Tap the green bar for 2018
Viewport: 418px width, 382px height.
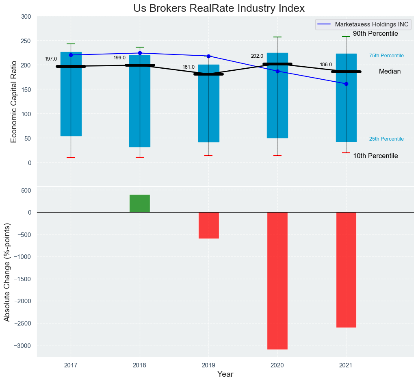click(x=140, y=203)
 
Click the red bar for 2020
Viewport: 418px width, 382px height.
click(x=277, y=280)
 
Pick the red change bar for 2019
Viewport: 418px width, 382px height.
click(x=209, y=225)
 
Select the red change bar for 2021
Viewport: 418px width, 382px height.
click(x=346, y=269)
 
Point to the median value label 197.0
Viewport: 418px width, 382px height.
click(x=51, y=59)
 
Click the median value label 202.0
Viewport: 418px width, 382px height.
click(x=257, y=56)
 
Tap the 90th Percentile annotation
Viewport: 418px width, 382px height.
click(x=375, y=34)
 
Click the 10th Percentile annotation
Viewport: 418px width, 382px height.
click(x=375, y=156)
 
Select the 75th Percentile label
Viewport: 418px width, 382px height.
click(x=386, y=56)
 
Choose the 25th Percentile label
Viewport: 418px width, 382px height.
click(x=386, y=139)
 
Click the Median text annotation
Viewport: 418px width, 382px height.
click(x=390, y=72)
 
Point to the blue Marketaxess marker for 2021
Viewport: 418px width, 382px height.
click(x=346, y=84)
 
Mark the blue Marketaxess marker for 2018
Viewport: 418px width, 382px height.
click(x=140, y=53)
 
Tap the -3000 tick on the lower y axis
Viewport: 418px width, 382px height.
click(x=23, y=345)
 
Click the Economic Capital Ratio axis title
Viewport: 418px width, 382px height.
click(x=14, y=102)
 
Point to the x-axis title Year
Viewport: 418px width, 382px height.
click(x=225, y=374)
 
